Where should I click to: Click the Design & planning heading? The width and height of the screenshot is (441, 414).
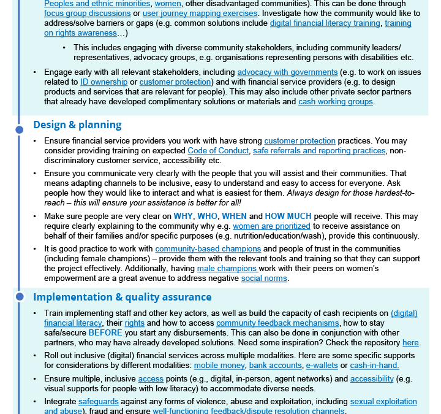[x=77, y=125]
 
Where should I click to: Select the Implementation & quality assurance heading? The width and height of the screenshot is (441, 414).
[x=122, y=297]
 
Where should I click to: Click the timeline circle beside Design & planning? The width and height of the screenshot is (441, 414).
[x=20, y=129]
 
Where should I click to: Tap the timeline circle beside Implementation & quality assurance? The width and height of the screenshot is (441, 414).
[x=20, y=297]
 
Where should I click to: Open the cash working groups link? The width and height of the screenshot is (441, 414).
[x=336, y=101]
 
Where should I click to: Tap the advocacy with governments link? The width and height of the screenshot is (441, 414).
[x=287, y=72]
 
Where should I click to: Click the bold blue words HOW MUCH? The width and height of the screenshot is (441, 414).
[x=288, y=216]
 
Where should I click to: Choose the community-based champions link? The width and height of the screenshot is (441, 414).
[x=208, y=248]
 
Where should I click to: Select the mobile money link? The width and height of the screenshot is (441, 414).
[x=219, y=365]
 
